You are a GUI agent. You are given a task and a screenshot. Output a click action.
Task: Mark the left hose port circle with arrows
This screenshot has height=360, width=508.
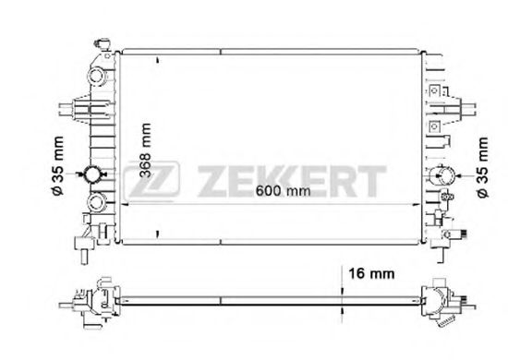click(x=95, y=174)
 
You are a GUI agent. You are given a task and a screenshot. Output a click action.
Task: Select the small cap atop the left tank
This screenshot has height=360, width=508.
click(x=102, y=42)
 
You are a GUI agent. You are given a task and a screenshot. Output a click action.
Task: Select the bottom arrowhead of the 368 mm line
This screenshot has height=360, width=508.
click(x=158, y=234)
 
